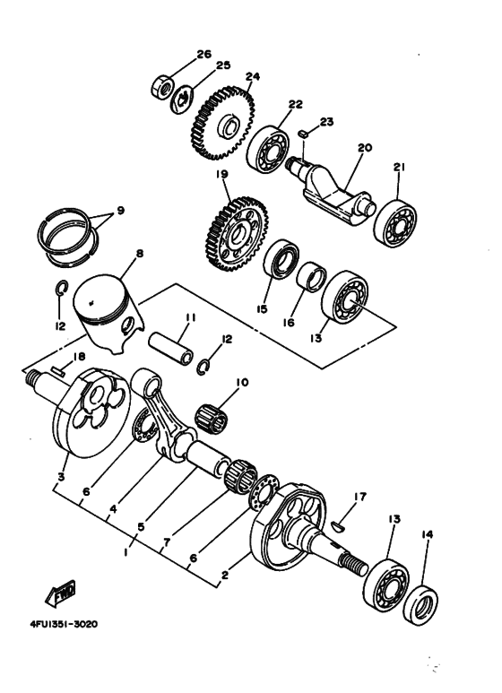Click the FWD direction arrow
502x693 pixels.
(61, 593)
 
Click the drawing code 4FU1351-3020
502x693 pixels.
(64, 625)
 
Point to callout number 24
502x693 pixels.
(252, 76)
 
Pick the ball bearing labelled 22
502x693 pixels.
(267, 148)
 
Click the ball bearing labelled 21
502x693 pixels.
(394, 223)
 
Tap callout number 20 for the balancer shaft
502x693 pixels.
(365, 147)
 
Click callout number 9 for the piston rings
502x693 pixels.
(120, 211)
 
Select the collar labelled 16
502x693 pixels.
(311, 277)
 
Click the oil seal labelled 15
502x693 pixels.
(281, 259)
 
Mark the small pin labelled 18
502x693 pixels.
(58, 371)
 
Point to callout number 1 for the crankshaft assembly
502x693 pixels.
(125, 552)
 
